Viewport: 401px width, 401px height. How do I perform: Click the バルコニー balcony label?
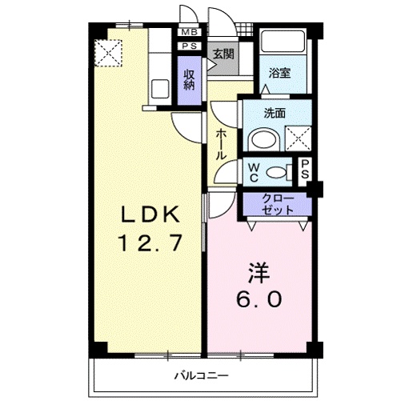[203, 375]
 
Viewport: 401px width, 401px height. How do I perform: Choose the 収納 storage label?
[190, 80]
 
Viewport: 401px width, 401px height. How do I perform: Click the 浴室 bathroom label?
[279, 72]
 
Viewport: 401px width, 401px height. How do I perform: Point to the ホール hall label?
[220, 144]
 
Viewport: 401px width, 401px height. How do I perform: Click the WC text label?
[253, 171]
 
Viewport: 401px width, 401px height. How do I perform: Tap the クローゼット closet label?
[277, 203]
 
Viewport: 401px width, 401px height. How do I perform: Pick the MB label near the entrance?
[190, 33]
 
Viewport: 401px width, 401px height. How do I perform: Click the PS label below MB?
[190, 46]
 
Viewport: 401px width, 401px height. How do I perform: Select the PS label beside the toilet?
[305, 170]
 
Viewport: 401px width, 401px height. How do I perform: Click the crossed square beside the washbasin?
[298, 138]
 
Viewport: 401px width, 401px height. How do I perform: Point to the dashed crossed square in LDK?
[106, 53]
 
